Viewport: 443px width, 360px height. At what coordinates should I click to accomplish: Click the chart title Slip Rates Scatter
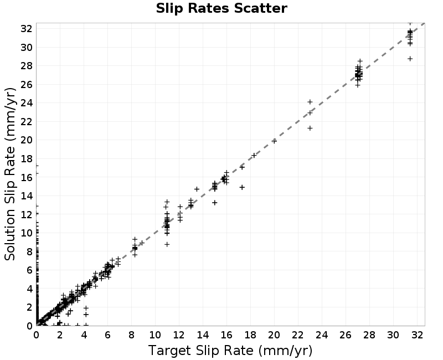click(221, 8)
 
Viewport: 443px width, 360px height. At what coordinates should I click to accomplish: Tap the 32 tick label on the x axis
click(418, 335)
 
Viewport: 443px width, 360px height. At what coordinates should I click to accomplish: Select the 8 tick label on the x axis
click(131, 335)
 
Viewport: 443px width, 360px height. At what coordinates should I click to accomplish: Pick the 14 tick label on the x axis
click(203, 335)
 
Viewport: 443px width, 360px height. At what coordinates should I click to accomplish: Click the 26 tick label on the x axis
click(345, 335)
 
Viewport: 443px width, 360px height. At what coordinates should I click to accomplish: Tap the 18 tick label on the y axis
click(26, 158)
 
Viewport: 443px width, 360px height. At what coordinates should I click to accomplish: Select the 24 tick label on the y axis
click(26, 103)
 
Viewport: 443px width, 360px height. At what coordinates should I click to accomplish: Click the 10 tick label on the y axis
click(26, 233)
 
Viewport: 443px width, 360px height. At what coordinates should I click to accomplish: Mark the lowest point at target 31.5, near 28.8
click(410, 59)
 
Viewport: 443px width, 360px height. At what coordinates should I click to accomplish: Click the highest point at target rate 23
click(310, 102)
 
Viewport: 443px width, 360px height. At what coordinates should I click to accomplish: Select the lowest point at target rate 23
click(310, 128)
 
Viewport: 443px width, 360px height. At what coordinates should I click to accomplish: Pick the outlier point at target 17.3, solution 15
click(242, 187)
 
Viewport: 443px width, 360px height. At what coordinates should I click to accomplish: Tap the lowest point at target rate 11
click(167, 244)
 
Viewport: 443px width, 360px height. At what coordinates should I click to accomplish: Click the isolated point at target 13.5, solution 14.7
click(197, 189)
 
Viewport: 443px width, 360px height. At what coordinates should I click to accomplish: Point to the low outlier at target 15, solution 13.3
click(215, 203)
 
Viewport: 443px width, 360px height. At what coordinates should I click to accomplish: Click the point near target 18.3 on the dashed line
click(254, 156)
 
